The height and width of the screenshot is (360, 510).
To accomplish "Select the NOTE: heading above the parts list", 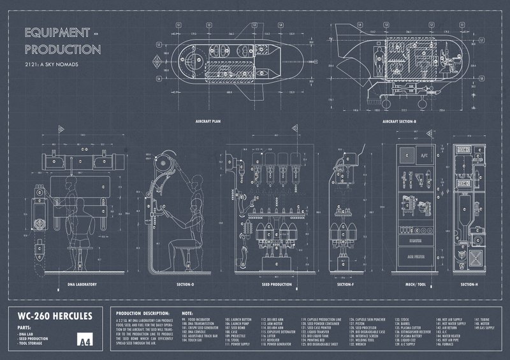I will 186,313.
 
